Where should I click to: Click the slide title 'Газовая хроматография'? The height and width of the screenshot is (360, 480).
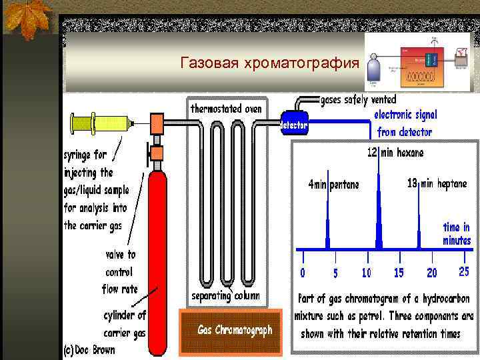(x=269, y=64)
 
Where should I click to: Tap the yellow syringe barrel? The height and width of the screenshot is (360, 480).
(x=100, y=123)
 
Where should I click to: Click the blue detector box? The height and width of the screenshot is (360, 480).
(x=294, y=124)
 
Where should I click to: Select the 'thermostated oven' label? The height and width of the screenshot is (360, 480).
(x=227, y=108)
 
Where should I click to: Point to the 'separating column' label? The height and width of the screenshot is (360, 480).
(x=226, y=295)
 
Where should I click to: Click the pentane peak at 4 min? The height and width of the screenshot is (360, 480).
(x=327, y=227)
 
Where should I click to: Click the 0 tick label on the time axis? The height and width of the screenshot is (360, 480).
(x=303, y=273)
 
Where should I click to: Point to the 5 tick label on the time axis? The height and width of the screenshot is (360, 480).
(x=335, y=273)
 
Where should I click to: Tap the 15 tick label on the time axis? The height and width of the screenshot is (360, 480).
(x=399, y=273)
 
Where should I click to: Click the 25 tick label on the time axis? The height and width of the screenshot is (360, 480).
(x=465, y=272)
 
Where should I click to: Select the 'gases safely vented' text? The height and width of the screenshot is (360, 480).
(x=359, y=100)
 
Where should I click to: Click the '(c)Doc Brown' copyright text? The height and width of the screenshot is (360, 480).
(x=89, y=349)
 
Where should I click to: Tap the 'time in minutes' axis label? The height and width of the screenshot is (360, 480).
(x=457, y=233)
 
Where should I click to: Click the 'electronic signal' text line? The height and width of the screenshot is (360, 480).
(x=406, y=114)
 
